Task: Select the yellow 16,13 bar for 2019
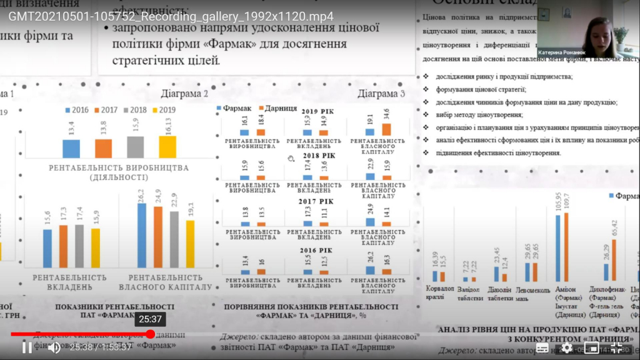[x=167, y=147]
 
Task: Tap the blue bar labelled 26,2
[x=142, y=234]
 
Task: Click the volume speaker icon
[x=54, y=347]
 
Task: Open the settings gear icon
[x=567, y=347]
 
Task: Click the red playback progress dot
[x=150, y=334]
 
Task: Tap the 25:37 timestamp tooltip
[x=150, y=319]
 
